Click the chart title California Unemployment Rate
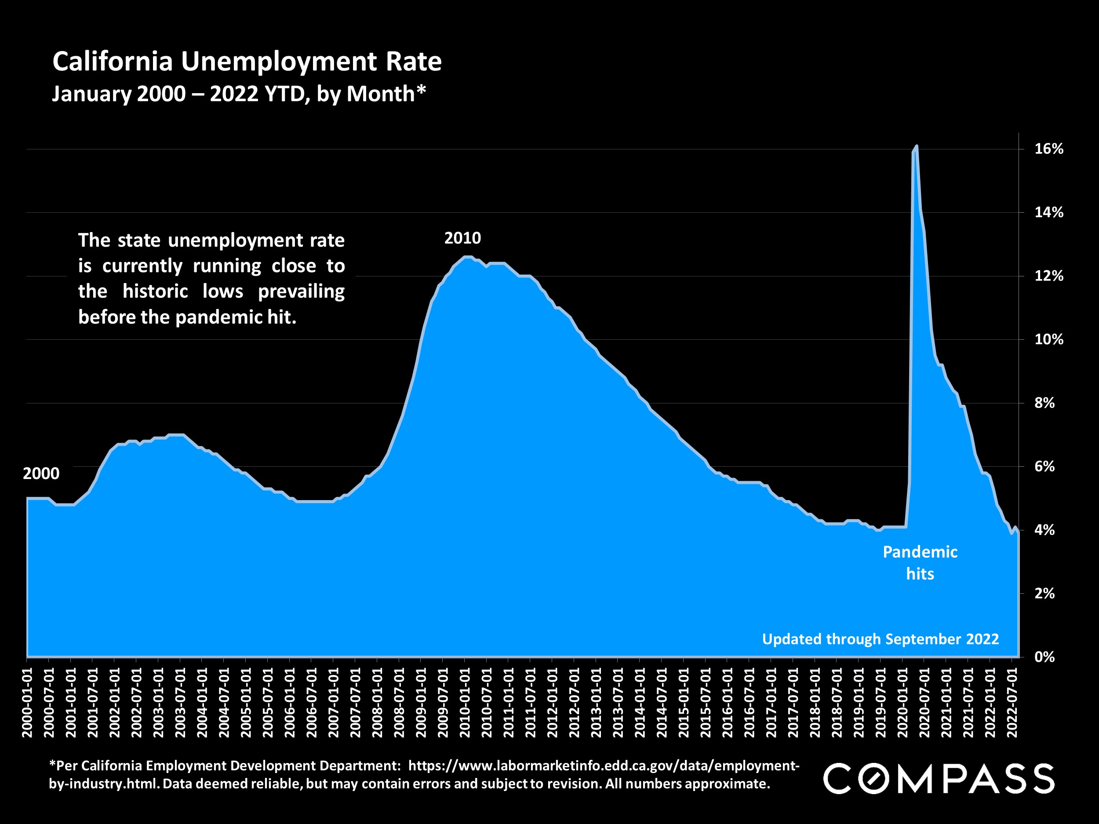pyautogui.click(x=247, y=62)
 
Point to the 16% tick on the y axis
pyautogui.click(x=1048, y=149)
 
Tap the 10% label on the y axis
pyautogui.click(x=1048, y=340)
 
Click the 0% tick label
pyautogui.click(x=1044, y=657)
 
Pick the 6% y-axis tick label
pyautogui.click(x=1044, y=466)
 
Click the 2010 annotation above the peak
pyautogui.click(x=462, y=238)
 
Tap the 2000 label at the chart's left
pyautogui.click(x=41, y=474)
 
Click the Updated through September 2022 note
pyautogui.click(x=880, y=639)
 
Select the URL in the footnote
pyautogui.click(x=603, y=766)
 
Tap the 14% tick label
pyautogui.click(x=1048, y=213)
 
